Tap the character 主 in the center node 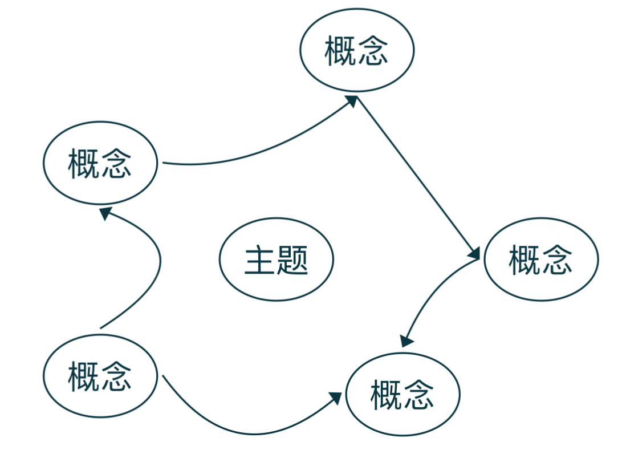coord(260,261)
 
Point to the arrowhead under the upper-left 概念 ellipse coord(106,213)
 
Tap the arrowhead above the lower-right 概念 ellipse coord(406,341)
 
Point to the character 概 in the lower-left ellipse coord(84,376)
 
